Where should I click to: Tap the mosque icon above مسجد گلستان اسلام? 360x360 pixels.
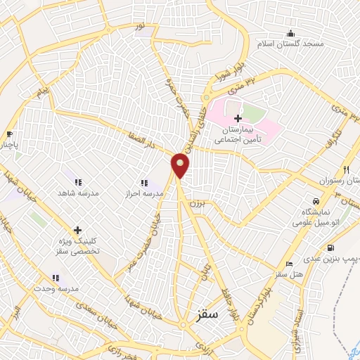tap(291, 33)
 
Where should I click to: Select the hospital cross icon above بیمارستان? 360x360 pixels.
tap(238, 117)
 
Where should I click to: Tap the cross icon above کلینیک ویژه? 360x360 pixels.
tap(77, 230)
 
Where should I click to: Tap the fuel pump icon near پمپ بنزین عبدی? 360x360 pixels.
tap(330, 248)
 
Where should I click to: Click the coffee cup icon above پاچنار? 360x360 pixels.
tap(9, 134)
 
